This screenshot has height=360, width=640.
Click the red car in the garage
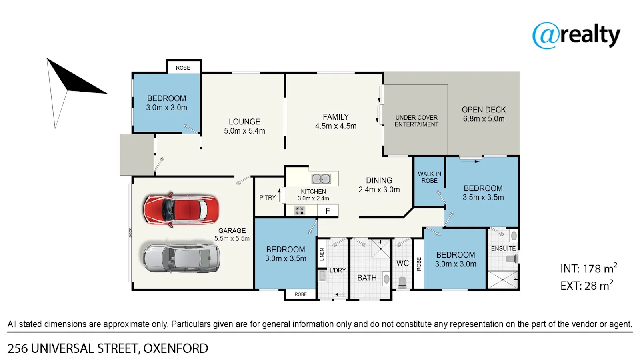[181, 210]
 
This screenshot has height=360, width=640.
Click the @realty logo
[576, 36]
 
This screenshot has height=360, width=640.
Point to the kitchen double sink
[321, 179]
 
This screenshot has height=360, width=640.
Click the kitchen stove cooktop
[300, 210]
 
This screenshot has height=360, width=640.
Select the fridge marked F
[328, 211]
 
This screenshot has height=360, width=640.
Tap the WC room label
[402, 263]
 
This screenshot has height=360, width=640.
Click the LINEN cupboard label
[322, 254]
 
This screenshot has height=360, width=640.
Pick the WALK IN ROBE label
[430, 177]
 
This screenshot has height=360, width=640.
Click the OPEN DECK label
[484, 110]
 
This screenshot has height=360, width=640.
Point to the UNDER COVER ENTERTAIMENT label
[416, 121]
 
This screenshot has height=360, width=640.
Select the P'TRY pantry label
[268, 198]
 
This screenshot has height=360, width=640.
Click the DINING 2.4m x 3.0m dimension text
[379, 190]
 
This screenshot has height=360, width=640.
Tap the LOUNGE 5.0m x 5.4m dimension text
[244, 131]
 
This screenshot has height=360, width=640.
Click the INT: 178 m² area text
[589, 268]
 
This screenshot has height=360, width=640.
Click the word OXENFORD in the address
[176, 348]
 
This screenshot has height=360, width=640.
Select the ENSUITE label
[503, 248]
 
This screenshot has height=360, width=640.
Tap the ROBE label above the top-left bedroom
[183, 68]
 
